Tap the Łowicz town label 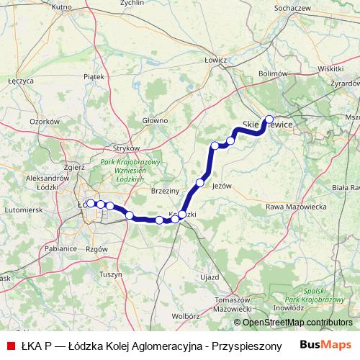(215, 60)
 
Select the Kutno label (63, 6)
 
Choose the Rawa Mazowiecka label (297, 207)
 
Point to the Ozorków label (43, 122)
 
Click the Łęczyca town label (21, 81)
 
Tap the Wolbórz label (185, 315)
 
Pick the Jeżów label (222, 185)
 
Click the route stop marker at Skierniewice (269, 120)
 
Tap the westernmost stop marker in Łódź (91, 204)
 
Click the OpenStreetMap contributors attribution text (293, 323)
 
